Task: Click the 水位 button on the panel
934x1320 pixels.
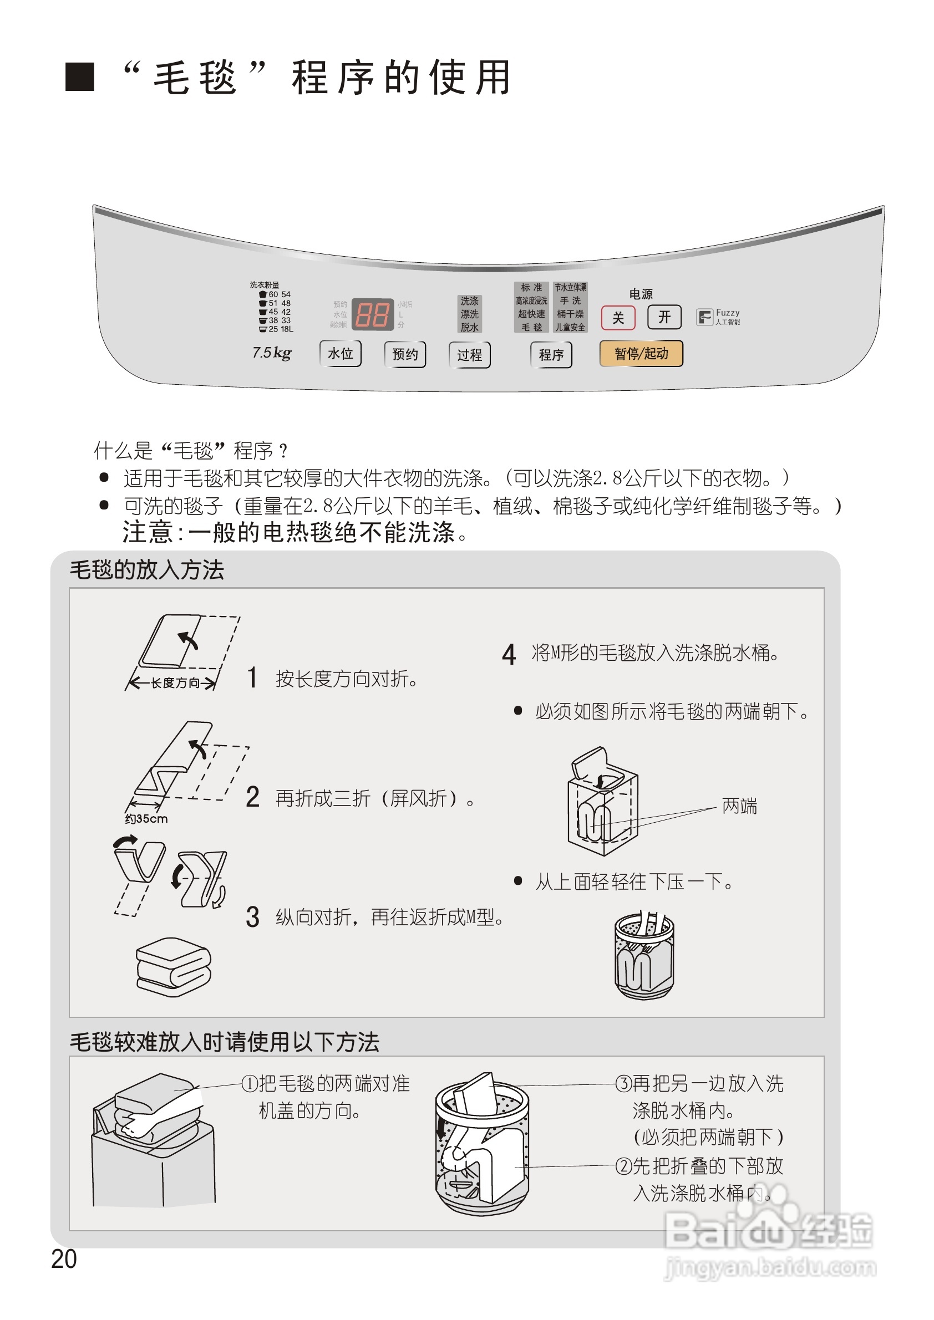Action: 340,353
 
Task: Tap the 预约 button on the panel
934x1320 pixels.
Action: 404,354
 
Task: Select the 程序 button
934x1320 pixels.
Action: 550,355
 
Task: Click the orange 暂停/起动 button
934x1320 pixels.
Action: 641,353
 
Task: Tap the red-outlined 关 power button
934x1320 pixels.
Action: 618,317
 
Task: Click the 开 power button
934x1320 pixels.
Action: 664,317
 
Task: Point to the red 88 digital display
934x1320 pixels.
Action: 372,314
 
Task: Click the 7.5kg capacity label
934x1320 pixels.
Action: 271,353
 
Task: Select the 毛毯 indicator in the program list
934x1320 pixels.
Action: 531,327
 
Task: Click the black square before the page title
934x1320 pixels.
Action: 79,77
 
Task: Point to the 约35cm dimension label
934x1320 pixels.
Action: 146,818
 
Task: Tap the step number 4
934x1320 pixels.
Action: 509,654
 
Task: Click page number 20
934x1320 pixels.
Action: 63,1258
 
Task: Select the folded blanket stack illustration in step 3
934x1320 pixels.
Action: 173,966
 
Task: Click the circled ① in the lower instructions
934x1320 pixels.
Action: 250,1083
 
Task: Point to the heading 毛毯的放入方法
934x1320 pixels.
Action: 146,570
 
